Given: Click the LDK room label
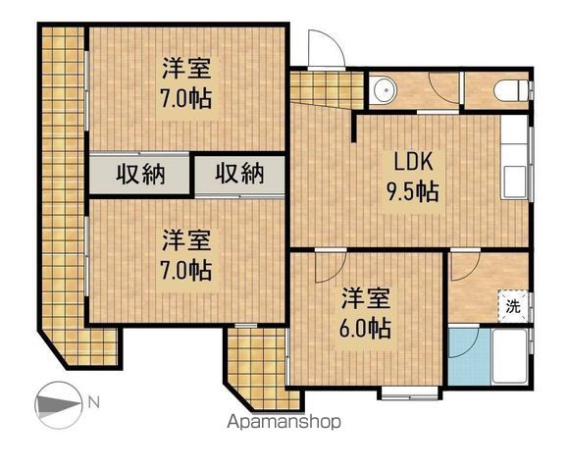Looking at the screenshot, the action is click(x=413, y=162).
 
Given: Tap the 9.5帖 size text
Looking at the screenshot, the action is click(x=413, y=191).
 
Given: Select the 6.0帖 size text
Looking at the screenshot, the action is click(x=365, y=328).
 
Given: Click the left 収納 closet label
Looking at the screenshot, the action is click(x=140, y=175).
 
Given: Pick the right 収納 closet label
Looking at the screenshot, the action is click(x=239, y=174).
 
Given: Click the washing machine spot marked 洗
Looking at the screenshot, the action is click(x=513, y=306).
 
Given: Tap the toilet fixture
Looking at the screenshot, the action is click(x=511, y=90).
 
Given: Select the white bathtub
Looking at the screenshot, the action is click(x=509, y=356).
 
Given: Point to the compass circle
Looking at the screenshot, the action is click(x=59, y=404).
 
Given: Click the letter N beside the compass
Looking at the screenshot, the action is click(x=94, y=402).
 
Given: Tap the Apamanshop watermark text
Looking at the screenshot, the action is click(x=284, y=422).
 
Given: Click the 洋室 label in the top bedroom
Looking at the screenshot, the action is click(x=186, y=68).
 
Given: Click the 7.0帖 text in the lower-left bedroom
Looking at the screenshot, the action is click(x=186, y=270).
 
